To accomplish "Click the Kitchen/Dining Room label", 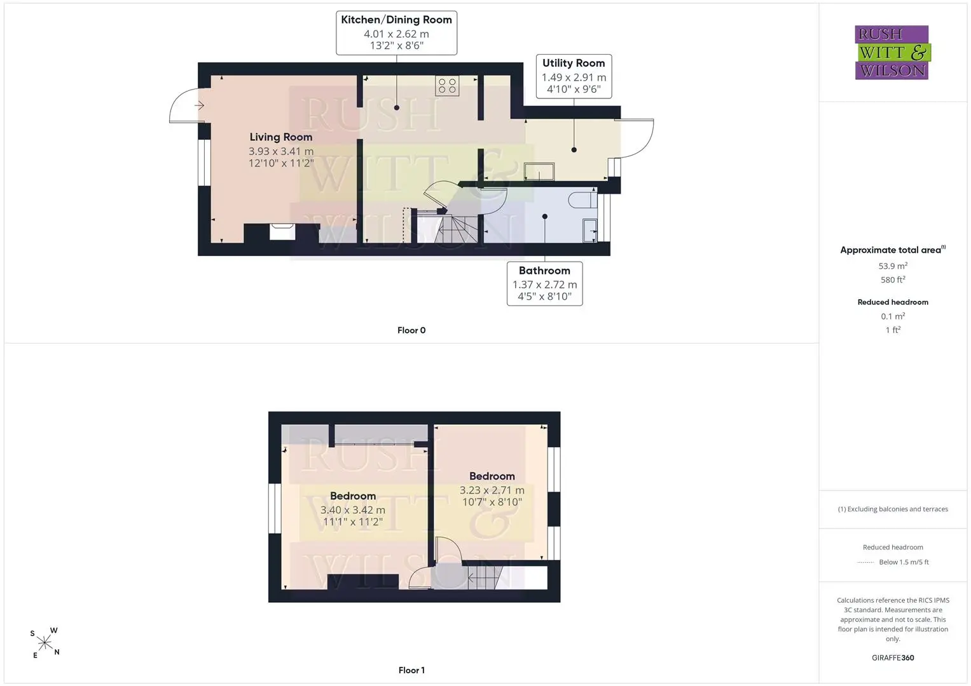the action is point(396,20).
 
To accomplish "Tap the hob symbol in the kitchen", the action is point(447,86).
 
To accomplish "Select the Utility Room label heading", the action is point(574,63).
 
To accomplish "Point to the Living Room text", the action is point(281,137).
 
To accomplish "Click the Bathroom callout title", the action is point(544,271).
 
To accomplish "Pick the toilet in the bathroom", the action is point(582,199).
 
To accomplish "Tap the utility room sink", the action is point(539,171).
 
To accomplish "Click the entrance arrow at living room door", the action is point(199,105).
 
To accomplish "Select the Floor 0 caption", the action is point(411,330).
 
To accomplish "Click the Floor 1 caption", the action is point(411,670).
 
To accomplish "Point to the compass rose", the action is point(45,643).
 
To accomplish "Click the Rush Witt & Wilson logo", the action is point(893,52).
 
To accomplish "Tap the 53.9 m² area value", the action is point(893,266).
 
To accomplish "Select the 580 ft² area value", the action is point(893,279).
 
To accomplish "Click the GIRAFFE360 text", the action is point(893,658).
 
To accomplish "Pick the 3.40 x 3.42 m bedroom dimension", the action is point(352,510).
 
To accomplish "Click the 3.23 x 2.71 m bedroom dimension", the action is point(492,490).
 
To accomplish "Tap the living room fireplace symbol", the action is point(282,232).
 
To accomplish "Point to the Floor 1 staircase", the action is point(486,578).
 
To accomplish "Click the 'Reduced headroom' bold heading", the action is point(893,302).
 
